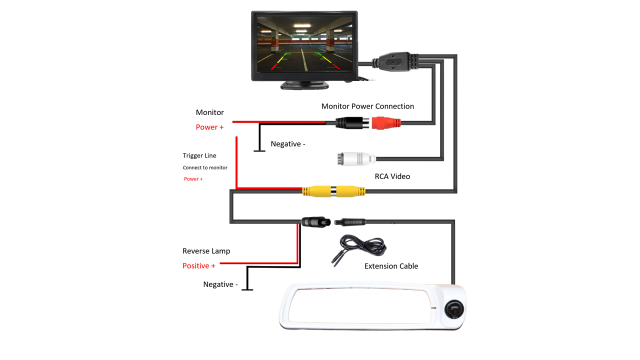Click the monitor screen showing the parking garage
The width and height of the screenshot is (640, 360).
point(304,44)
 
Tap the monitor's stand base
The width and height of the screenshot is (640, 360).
point(304,85)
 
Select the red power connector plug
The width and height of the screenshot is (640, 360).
point(386,123)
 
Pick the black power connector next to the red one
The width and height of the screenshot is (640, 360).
point(352,123)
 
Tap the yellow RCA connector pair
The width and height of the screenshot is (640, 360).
point(333,191)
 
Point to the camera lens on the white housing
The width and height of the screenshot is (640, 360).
point(453,308)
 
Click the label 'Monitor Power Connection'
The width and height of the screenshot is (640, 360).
point(367,106)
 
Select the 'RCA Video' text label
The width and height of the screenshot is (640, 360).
point(392,176)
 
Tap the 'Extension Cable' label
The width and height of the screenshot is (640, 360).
point(391,266)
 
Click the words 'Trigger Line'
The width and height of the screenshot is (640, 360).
point(199,155)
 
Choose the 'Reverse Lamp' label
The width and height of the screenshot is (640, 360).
point(206,251)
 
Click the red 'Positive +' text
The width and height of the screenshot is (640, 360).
point(198,266)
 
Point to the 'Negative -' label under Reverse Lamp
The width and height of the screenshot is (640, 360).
point(220,284)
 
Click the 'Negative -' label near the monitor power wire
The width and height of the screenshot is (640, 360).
point(287,144)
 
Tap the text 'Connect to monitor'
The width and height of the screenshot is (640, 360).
point(205,167)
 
